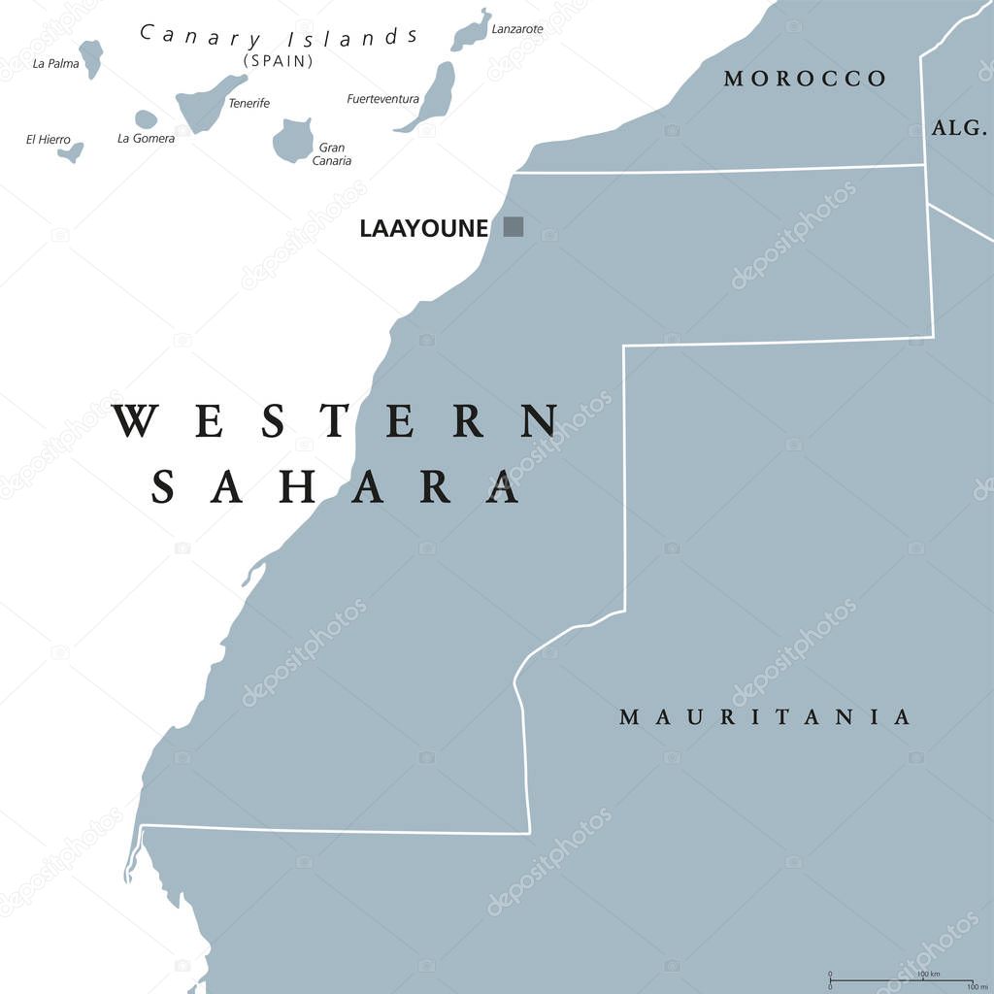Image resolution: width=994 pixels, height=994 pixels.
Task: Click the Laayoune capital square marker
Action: [x=514, y=227]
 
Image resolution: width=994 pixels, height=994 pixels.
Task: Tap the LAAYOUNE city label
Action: [x=423, y=228]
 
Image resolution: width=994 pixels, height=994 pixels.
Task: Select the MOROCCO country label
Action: [x=805, y=79]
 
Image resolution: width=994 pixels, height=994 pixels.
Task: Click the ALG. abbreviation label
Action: [x=958, y=127]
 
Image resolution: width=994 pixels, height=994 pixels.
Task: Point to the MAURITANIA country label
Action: [x=766, y=717]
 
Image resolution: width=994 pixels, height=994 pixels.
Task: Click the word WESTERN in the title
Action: [x=336, y=422]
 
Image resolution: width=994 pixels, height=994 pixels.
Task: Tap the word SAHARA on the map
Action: [x=336, y=486]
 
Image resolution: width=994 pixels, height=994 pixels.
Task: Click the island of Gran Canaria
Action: [x=291, y=140]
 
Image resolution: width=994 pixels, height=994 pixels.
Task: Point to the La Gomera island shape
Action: [x=146, y=119]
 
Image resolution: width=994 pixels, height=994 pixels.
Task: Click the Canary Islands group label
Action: [x=280, y=37]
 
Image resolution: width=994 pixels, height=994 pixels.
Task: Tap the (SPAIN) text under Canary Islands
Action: [x=279, y=60]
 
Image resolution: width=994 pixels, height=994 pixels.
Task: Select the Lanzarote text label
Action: [x=517, y=29]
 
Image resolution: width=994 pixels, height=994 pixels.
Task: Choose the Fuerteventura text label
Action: [x=382, y=99]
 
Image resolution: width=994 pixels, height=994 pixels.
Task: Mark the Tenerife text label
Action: [x=248, y=104]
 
